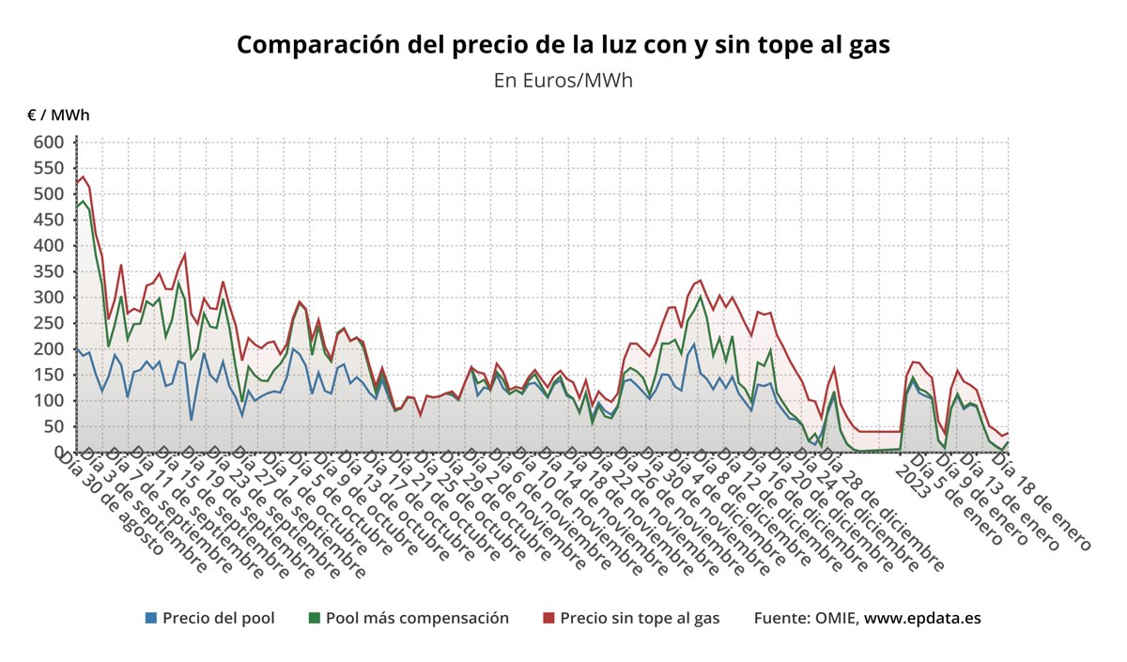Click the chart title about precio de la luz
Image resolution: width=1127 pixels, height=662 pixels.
pyautogui.click(x=563, y=44)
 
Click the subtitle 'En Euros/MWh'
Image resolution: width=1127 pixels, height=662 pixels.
pyautogui.click(x=563, y=80)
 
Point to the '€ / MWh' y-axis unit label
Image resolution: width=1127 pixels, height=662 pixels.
pyautogui.click(x=58, y=115)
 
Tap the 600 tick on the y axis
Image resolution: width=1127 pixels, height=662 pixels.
pyautogui.click(x=50, y=143)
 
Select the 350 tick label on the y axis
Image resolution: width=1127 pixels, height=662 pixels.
pyautogui.click(x=50, y=271)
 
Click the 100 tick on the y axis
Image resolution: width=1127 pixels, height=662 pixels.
pyautogui.click(x=50, y=401)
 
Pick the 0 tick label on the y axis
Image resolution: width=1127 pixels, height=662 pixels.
pyautogui.click(x=58, y=453)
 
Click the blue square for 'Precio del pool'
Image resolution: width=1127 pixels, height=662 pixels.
pyautogui.click(x=151, y=618)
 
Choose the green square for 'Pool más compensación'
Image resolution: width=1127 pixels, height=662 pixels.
pyautogui.click(x=315, y=618)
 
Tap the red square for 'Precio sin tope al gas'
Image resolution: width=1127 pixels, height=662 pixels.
pyautogui.click(x=549, y=618)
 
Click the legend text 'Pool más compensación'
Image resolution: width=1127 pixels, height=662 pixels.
pyautogui.click(x=417, y=618)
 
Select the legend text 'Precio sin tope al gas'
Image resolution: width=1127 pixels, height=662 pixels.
pyautogui.click(x=640, y=618)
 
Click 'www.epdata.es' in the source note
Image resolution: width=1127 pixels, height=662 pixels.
pyautogui.click(x=922, y=618)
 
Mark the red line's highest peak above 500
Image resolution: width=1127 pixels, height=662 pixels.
pyautogui.click(x=83, y=177)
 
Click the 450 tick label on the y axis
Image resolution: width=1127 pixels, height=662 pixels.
pyautogui.click(x=50, y=220)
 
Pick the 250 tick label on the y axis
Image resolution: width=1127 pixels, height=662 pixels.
pyautogui.click(x=50, y=323)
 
